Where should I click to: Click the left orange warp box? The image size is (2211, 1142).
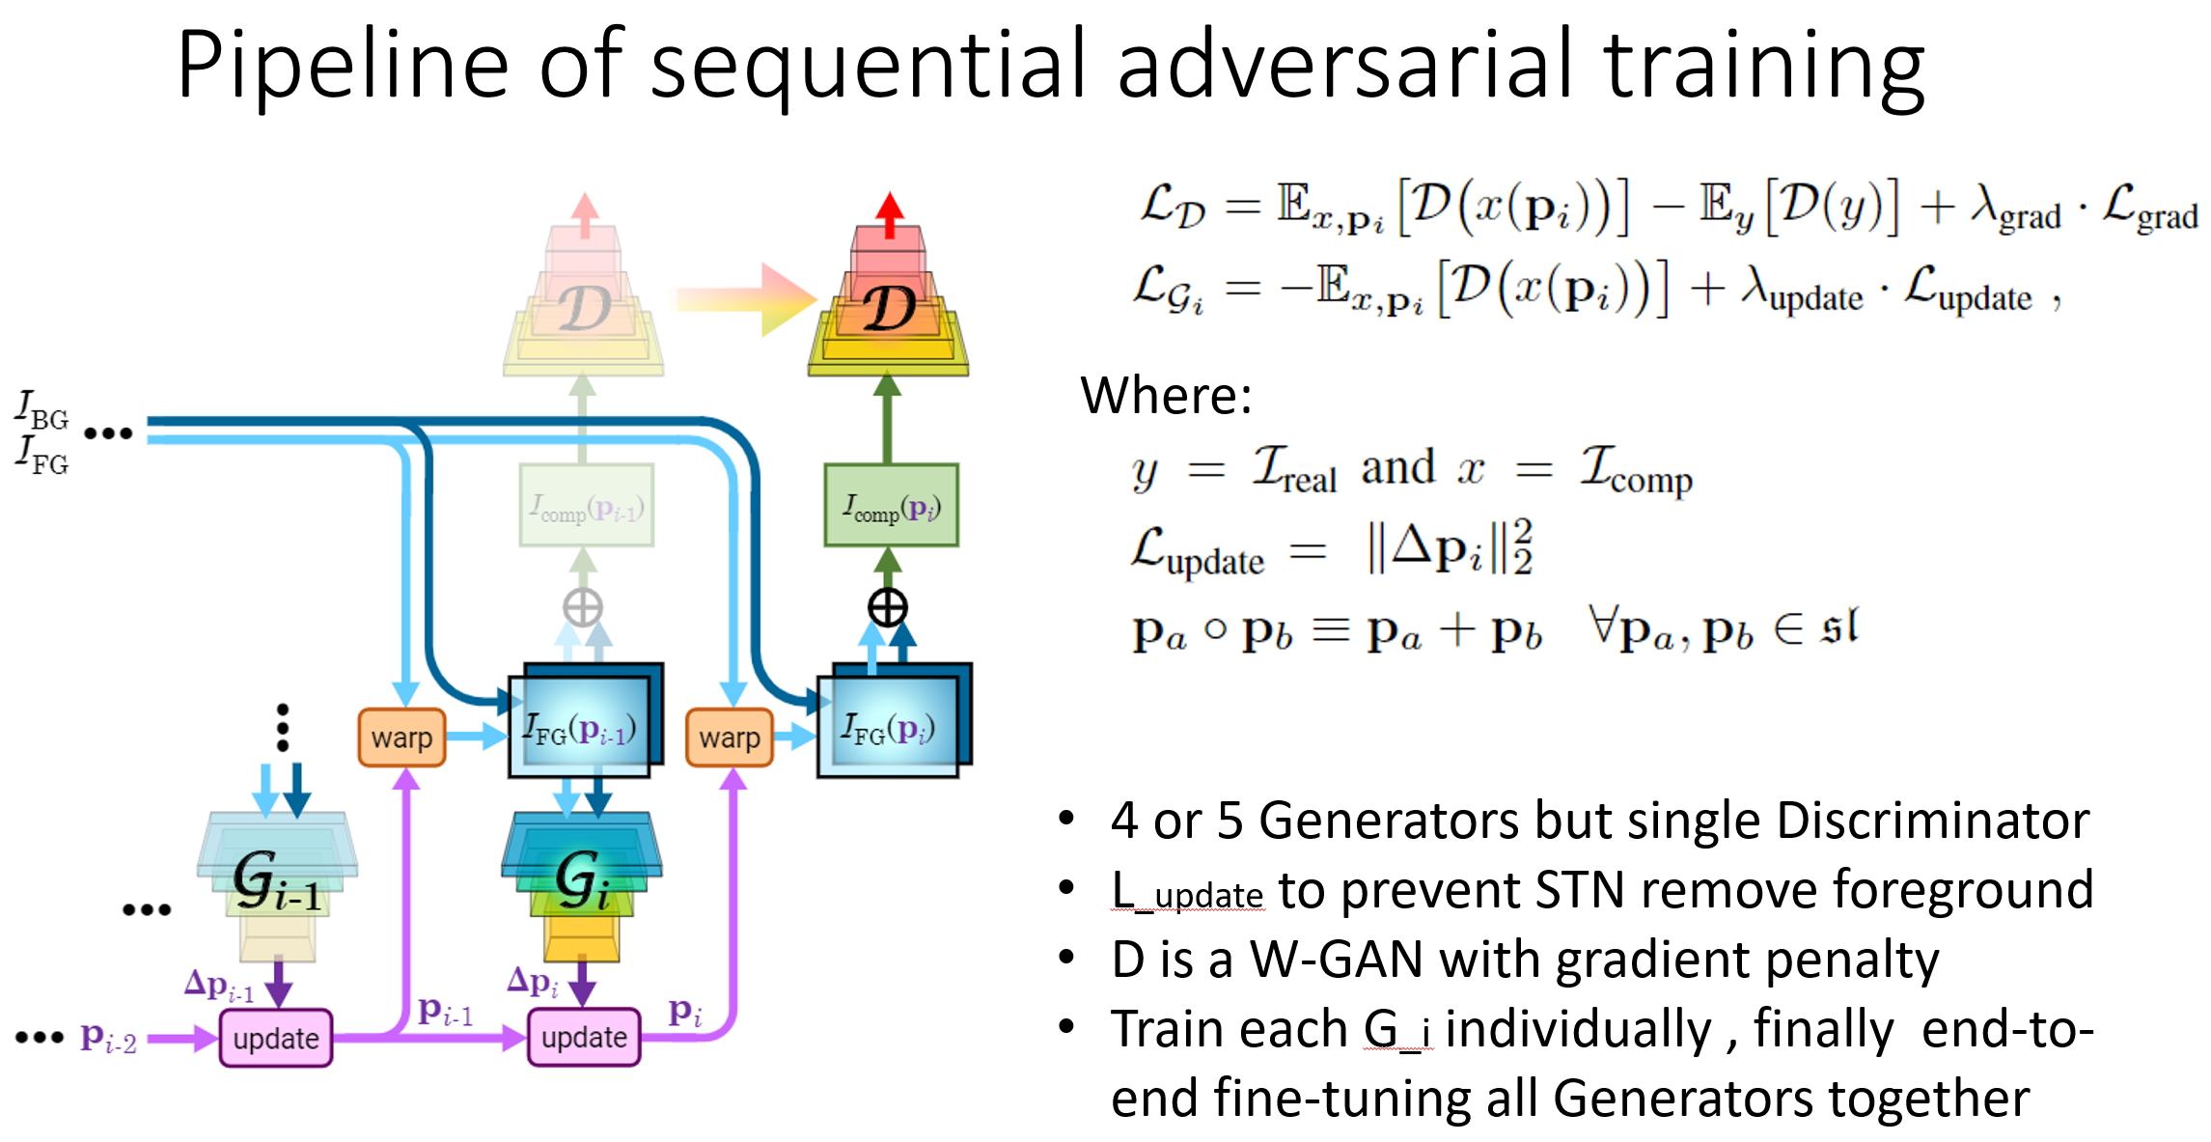(401, 738)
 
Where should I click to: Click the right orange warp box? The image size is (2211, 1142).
(730, 738)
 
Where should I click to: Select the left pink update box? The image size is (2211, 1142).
(276, 1038)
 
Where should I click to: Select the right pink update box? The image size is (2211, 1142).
(584, 1037)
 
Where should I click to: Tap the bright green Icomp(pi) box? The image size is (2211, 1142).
(891, 506)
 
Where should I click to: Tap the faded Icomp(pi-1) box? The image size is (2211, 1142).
(586, 506)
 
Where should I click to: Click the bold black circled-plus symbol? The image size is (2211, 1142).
(887, 607)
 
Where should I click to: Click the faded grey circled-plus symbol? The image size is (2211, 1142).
(583, 607)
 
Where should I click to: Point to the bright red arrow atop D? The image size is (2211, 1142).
(889, 212)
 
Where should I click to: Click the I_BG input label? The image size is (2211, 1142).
(41, 410)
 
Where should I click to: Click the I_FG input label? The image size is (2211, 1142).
(41, 455)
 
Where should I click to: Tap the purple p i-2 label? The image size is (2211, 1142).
(108, 1038)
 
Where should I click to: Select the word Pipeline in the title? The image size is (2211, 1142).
(343, 66)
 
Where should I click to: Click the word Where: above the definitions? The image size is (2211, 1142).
(1166, 395)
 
